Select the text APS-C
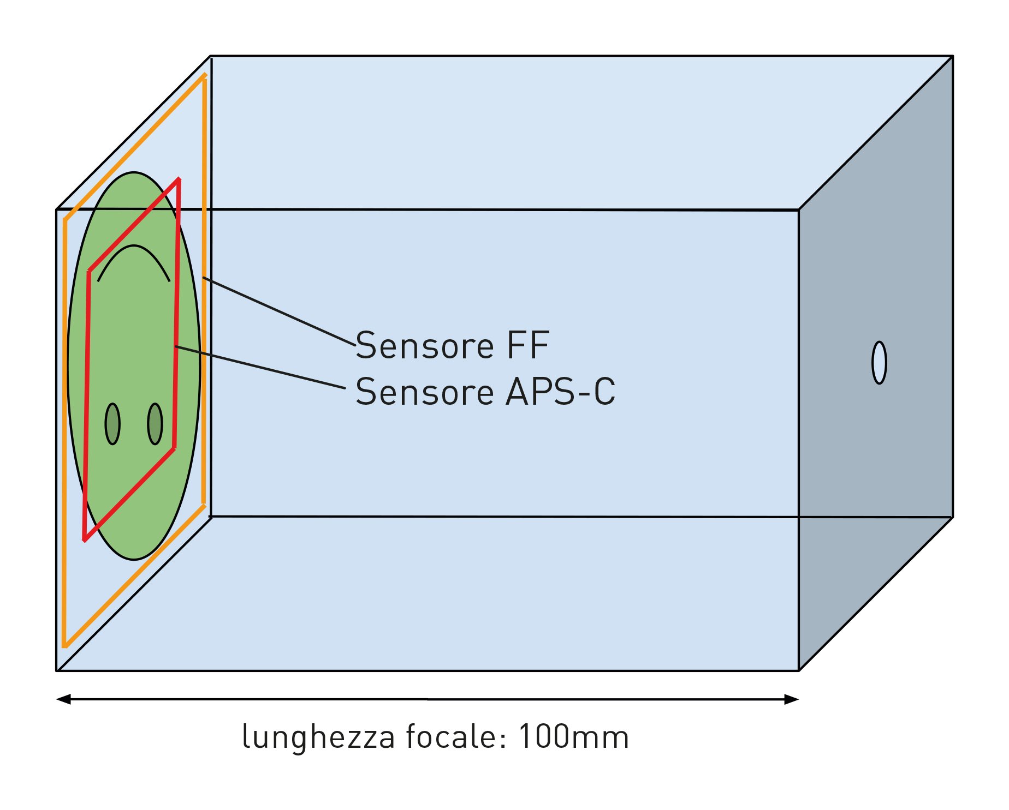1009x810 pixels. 561,392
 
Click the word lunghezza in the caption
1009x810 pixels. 318,738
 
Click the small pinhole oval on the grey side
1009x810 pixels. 879,363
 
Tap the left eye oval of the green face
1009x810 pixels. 112,424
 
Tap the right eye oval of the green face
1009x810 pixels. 155,424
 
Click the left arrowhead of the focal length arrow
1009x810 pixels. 63,699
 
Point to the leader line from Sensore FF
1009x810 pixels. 278,311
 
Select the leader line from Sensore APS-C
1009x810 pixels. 260,367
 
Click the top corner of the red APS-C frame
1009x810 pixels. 179,179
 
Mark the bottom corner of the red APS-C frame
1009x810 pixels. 85,540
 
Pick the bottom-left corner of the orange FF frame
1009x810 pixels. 64,646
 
